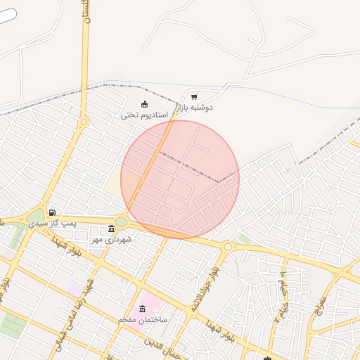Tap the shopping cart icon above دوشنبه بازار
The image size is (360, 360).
pos(194,97)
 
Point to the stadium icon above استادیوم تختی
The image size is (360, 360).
pos(144,105)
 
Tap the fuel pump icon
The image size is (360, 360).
pos(52,212)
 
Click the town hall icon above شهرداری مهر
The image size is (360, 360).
pos(112,229)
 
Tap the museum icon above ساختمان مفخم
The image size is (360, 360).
pos(143,309)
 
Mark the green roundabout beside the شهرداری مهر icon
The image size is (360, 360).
pos(121,222)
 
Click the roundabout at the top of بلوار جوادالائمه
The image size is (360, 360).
pos(227,247)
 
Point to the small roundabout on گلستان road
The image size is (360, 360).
pos(84,122)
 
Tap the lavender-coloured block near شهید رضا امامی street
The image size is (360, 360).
pos(74,289)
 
